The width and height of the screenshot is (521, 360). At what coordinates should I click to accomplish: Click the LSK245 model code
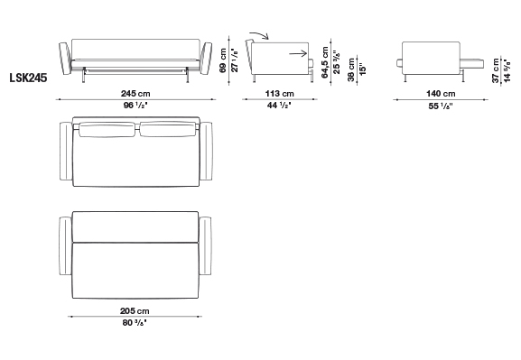coord(28,78)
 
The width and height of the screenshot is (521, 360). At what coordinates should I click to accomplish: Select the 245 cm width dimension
coord(135,94)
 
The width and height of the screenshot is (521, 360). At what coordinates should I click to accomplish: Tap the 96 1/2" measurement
coord(135,106)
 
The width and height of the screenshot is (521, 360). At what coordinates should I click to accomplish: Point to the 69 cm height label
coord(223,60)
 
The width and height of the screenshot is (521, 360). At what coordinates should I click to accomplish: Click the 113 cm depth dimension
coord(279,94)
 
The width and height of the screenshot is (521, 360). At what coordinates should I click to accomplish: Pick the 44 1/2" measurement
coord(279,106)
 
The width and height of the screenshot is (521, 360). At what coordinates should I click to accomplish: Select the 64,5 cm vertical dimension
coord(325,62)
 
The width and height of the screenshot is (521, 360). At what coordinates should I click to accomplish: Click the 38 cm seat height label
coord(351,69)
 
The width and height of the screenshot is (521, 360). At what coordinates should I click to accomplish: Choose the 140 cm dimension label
coord(441,94)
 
